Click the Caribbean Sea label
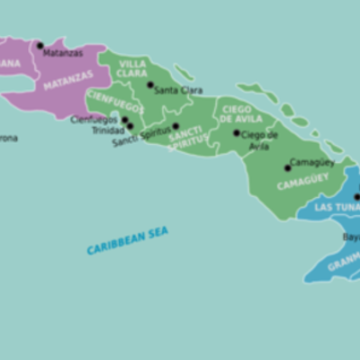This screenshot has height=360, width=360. (127, 240)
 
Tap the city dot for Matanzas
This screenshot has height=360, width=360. (40, 45)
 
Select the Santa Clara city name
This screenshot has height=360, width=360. (178, 90)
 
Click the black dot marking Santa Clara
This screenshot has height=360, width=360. (150, 85)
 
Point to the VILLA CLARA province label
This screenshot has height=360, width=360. (133, 69)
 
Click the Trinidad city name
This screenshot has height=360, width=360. (108, 130)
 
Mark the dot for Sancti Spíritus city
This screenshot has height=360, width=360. (175, 126)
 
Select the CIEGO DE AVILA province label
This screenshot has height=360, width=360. (237, 113)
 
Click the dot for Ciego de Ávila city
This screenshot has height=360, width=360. (237, 133)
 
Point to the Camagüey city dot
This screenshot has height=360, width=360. (288, 167)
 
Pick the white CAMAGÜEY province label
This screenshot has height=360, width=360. (302, 182)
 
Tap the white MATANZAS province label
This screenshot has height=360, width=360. (67, 80)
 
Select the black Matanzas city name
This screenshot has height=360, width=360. (63, 53)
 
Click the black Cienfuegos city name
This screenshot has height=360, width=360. (94, 119)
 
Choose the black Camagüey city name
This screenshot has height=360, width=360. (312, 163)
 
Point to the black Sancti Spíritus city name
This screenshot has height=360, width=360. (141, 137)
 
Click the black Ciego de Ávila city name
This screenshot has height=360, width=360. (259, 139)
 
